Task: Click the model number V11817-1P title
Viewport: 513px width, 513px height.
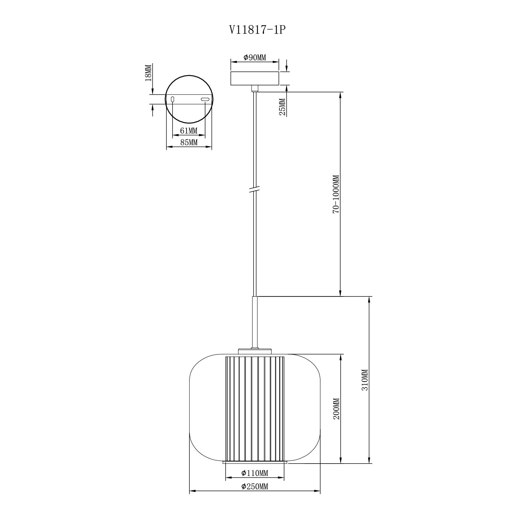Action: click(x=257, y=30)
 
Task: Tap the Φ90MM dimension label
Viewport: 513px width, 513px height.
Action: click(x=255, y=57)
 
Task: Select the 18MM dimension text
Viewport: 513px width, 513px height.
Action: click(x=148, y=73)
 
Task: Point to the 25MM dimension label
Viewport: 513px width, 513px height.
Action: click(x=282, y=107)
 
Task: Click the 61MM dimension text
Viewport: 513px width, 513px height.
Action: click(x=189, y=130)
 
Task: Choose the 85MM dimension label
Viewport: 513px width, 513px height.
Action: click(x=189, y=142)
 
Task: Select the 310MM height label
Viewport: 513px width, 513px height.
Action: click(x=365, y=380)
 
